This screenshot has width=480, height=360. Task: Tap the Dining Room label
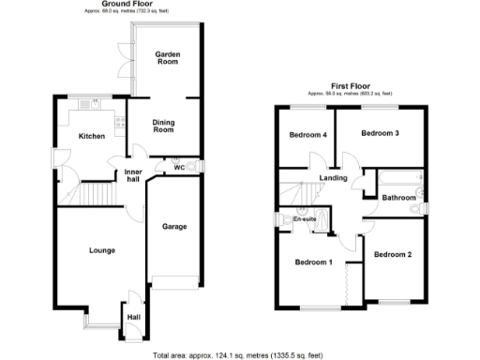(164, 126)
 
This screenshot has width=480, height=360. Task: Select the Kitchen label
(92, 137)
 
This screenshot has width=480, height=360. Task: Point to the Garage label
(174, 227)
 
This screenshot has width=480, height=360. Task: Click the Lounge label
(102, 249)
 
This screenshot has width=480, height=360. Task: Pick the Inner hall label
(132, 173)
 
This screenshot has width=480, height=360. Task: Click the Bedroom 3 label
(381, 133)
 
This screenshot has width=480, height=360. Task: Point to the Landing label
(333, 178)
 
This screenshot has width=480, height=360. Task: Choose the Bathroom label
(398, 198)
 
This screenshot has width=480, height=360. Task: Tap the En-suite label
(304, 219)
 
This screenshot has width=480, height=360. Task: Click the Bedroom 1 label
(313, 262)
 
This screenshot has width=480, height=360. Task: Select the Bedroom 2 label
(392, 255)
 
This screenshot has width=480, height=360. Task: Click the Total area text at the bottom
(238, 355)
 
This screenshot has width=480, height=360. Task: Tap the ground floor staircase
(94, 194)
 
